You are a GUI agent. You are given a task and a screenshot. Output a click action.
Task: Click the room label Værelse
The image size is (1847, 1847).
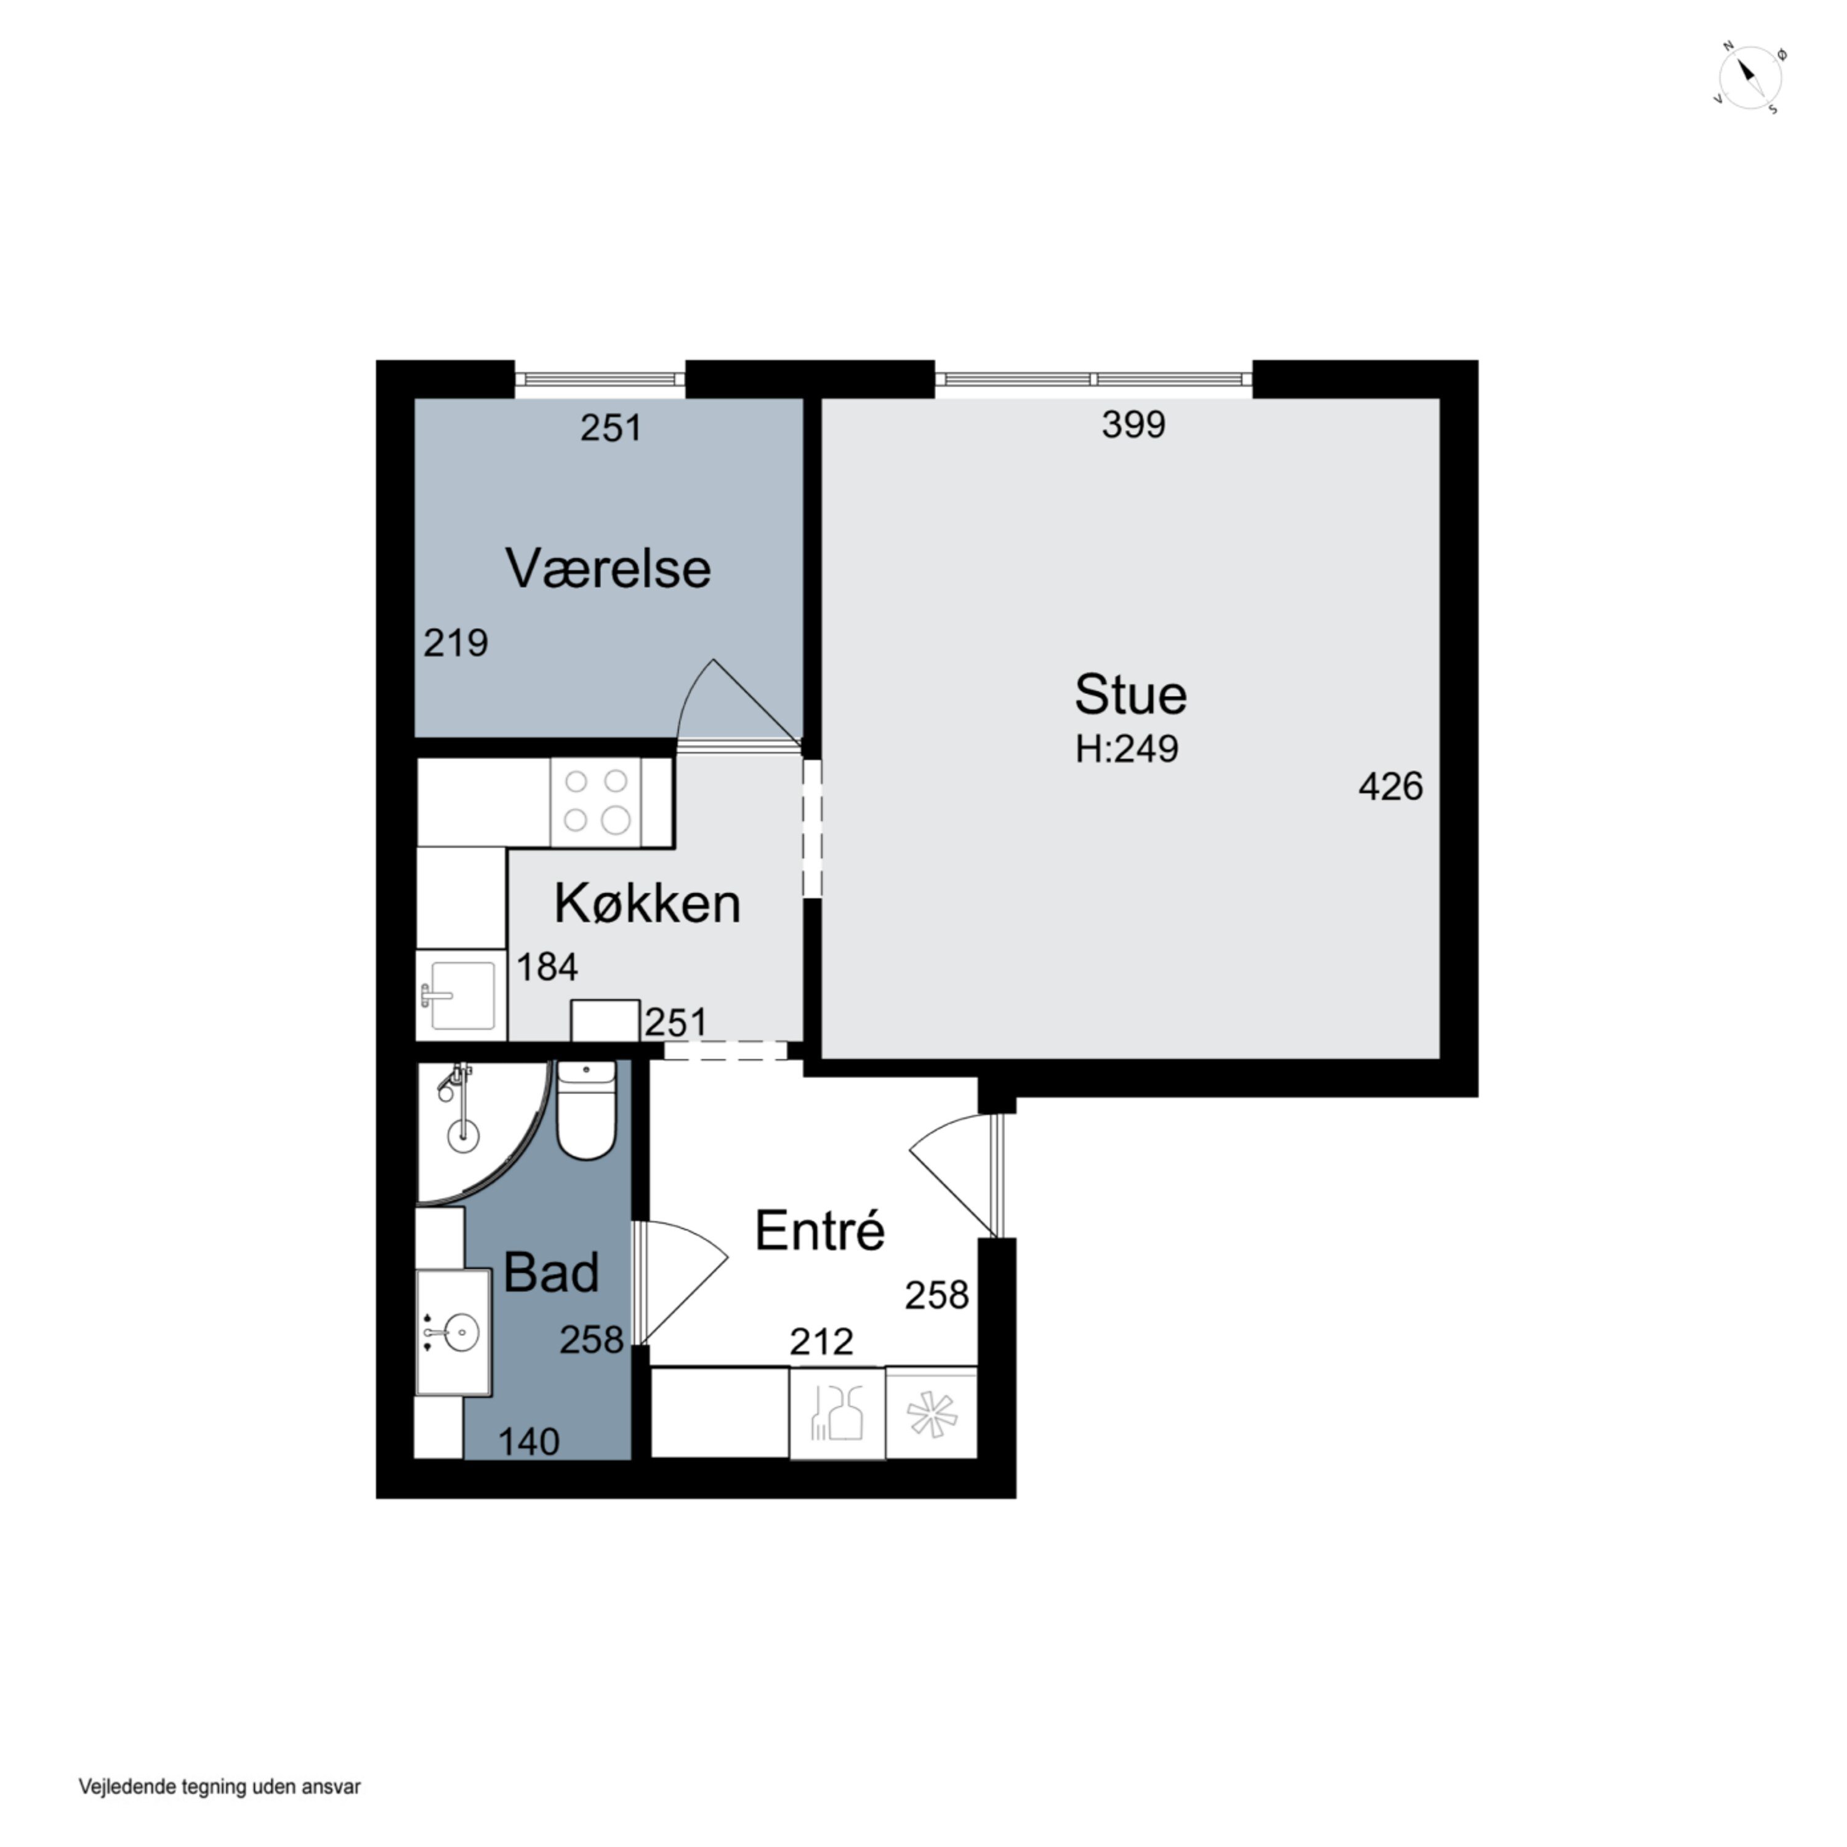[x=608, y=569]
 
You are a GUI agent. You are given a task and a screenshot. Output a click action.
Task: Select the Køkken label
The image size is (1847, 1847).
[x=647, y=903]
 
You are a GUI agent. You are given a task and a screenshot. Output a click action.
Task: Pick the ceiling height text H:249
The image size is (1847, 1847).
[x=1127, y=749]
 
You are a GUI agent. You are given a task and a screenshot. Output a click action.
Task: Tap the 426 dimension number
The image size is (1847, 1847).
[x=1391, y=787]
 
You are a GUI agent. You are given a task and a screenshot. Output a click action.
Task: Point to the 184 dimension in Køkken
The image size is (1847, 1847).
[x=547, y=967]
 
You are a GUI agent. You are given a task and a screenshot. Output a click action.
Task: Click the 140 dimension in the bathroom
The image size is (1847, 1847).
[x=529, y=1442]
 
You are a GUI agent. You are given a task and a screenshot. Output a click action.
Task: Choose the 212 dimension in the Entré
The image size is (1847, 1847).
[x=821, y=1342]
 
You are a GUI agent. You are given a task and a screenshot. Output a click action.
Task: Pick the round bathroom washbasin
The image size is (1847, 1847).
[x=461, y=1332]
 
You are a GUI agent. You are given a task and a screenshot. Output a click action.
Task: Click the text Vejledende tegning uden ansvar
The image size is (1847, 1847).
[x=220, y=1786]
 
